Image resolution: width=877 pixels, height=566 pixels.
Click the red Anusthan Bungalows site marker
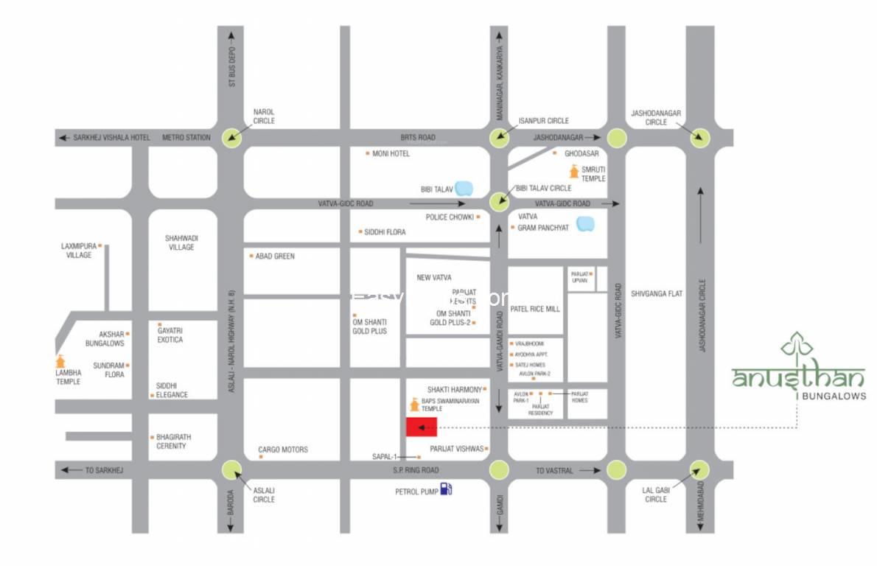(x=422, y=427)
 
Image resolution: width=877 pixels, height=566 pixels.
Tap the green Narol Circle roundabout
(x=234, y=136)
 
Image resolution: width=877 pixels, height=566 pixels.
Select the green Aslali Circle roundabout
(x=232, y=469)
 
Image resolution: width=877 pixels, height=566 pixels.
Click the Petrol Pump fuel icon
(x=446, y=489)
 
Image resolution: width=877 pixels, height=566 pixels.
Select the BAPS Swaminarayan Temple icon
(x=415, y=405)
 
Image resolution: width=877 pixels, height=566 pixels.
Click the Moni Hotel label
(x=391, y=153)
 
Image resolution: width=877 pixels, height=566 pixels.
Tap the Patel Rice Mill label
(x=535, y=309)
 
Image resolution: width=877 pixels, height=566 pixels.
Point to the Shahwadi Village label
(x=181, y=242)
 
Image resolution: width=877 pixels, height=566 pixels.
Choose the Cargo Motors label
(x=283, y=450)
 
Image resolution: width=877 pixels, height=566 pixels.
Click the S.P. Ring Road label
(x=416, y=470)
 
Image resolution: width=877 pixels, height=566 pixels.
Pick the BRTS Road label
(x=418, y=137)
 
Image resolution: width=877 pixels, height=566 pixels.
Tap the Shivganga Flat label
(x=657, y=293)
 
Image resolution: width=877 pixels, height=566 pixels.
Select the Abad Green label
(x=274, y=256)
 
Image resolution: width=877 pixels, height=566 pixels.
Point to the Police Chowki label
(x=449, y=217)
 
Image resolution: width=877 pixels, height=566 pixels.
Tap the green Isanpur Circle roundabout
(x=499, y=136)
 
